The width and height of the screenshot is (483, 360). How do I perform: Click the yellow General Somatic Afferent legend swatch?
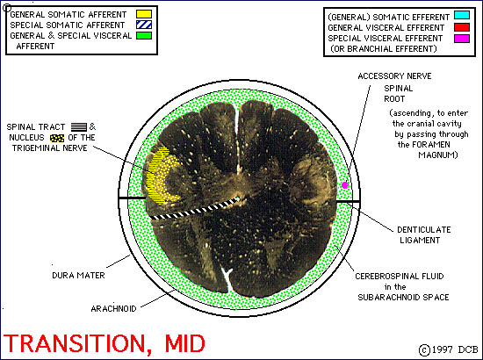point(144,14)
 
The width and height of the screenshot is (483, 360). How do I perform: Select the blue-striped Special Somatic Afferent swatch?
point(144,25)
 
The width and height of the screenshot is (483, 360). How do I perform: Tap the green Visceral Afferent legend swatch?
point(144,35)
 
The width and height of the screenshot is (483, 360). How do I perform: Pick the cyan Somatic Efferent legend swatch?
point(462,15)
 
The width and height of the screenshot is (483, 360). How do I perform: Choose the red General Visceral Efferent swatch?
point(462,27)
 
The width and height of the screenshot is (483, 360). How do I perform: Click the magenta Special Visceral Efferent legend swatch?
point(462,39)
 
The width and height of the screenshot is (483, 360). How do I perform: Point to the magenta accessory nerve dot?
point(345,184)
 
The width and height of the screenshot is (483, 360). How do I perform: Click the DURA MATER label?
point(78,276)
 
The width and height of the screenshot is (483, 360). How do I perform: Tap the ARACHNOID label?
point(113,308)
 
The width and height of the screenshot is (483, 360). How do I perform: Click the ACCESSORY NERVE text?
point(394,76)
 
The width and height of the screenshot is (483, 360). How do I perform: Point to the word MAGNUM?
point(438,155)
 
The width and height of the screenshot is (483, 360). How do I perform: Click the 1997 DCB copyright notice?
point(449,349)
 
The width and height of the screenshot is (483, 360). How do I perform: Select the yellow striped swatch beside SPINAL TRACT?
point(79,126)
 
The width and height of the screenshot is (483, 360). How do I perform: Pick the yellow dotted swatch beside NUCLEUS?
point(57,138)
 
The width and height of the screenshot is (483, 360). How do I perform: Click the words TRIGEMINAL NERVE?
point(49,148)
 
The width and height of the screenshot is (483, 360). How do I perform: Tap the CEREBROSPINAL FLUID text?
point(400,277)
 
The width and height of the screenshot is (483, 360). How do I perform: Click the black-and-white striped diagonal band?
point(195,209)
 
